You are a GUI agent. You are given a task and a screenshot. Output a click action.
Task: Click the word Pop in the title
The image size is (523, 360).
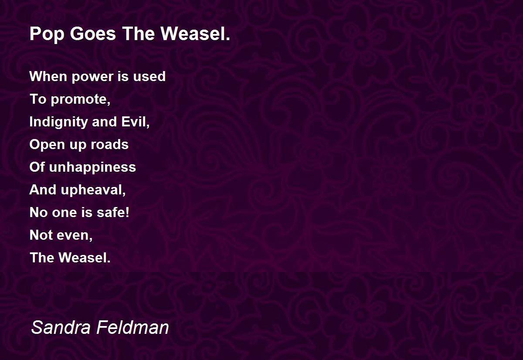tap(47, 34)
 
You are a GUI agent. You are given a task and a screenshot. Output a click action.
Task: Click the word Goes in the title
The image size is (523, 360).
tap(93, 34)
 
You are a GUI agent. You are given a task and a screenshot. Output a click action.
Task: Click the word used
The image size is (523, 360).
tap(149, 76)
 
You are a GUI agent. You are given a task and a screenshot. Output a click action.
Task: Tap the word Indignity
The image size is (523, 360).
tap(58, 122)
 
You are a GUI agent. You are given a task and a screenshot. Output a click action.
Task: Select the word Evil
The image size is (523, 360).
tap(135, 122)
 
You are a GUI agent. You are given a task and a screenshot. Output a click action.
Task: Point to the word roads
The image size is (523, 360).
tap(109, 144)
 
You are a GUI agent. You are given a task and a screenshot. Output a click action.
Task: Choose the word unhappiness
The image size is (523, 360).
tap(92, 168)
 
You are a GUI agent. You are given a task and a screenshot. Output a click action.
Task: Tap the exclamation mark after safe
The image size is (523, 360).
tap(127, 212)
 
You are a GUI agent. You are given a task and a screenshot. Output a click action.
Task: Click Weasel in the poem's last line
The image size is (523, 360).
tap(84, 258)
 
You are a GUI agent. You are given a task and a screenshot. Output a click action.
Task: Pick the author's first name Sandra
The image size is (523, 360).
tap(61, 327)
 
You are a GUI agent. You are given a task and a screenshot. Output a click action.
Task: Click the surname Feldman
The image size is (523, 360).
tap(132, 327)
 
